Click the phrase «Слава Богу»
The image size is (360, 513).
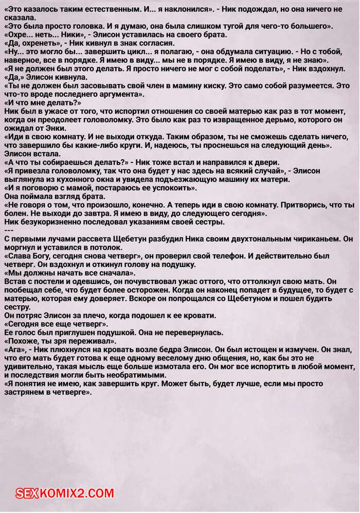(x=29, y=256)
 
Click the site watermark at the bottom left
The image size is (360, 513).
(x=65, y=493)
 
